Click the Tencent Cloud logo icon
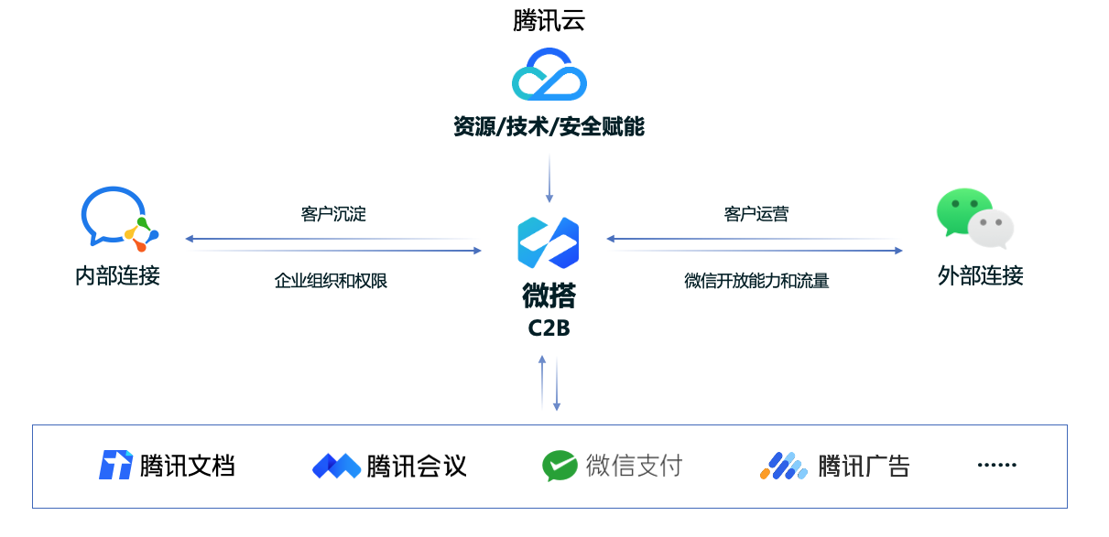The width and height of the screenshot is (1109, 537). (549, 74)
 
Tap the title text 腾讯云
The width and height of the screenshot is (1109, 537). (549, 20)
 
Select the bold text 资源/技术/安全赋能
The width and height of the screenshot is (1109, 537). (549, 126)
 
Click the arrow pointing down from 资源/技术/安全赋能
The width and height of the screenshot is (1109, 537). (549, 178)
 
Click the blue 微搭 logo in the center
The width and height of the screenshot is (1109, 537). (549, 242)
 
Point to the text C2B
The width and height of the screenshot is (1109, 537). (549, 328)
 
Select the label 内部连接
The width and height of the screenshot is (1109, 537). (117, 275)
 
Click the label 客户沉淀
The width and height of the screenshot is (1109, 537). (333, 215)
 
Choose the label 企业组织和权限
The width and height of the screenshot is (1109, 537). (331, 281)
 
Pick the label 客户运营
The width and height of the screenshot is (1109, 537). (756, 215)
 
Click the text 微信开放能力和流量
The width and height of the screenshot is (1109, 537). (756, 281)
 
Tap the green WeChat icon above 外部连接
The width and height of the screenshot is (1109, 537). (974, 219)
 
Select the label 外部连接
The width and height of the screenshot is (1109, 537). (980, 275)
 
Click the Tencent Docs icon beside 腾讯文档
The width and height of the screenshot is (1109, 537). (115, 466)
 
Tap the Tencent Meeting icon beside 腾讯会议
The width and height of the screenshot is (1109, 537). (336, 467)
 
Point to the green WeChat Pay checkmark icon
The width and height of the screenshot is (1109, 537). (560, 467)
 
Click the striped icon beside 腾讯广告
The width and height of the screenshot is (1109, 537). (783, 467)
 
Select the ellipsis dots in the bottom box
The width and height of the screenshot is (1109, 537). (996, 466)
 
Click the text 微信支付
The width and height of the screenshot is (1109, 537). (634, 467)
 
